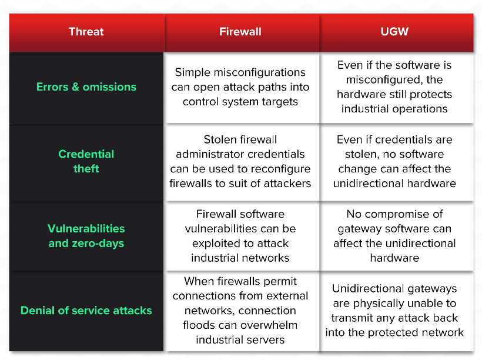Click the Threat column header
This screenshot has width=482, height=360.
click(x=86, y=32)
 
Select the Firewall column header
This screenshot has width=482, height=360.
click(x=240, y=32)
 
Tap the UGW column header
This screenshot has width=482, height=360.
click(x=394, y=32)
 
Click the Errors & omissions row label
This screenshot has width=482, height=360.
click(x=86, y=86)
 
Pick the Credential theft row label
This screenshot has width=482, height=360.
click(x=86, y=161)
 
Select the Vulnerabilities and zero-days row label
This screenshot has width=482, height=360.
click(x=86, y=236)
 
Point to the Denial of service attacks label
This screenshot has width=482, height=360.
click(x=86, y=310)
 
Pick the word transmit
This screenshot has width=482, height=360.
click(x=354, y=318)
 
